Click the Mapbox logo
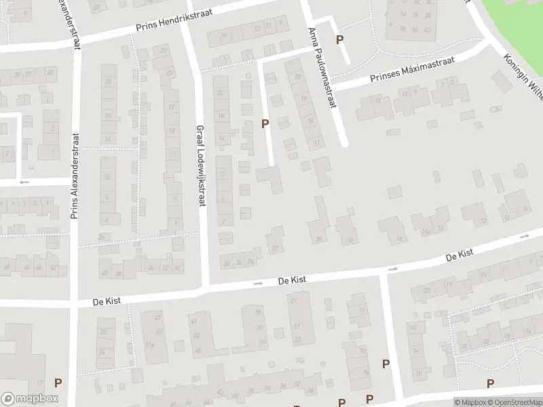point(30,399)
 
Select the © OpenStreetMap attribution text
point(514,402)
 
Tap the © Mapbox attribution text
point(470,402)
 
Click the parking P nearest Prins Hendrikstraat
point(339,40)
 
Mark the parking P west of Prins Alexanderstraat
point(58,383)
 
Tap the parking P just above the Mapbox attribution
point(489,384)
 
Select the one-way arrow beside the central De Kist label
point(258,284)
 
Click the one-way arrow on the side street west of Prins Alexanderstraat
point(25,182)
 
